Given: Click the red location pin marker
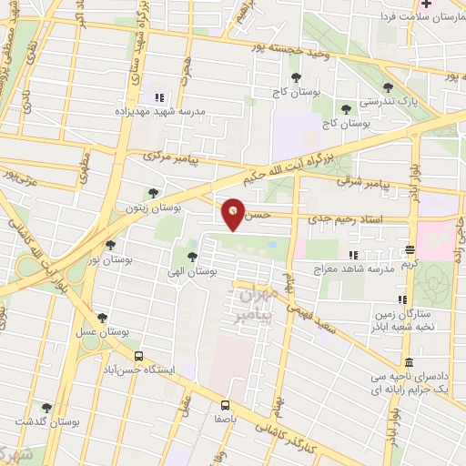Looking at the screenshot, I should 234,214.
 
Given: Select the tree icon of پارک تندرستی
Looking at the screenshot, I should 389,87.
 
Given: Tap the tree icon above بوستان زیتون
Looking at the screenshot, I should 153,193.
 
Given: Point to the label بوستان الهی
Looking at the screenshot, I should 192,272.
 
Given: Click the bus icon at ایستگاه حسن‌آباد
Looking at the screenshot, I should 138,356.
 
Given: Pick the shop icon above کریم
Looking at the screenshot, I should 410,248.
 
